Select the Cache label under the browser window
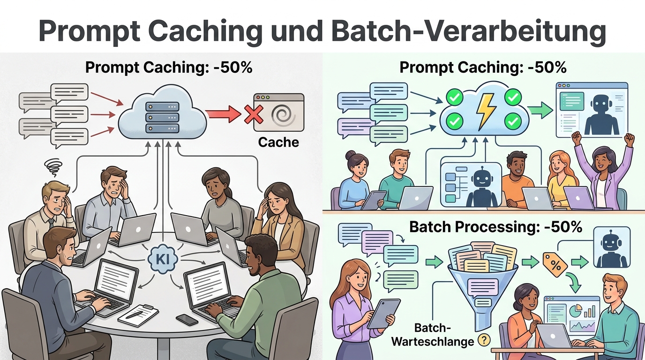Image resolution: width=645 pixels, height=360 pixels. pyautogui.click(x=278, y=142)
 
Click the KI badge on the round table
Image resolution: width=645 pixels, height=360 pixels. pyautogui.click(x=162, y=257)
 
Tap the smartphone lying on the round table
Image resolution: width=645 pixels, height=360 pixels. pyautogui.click(x=187, y=319)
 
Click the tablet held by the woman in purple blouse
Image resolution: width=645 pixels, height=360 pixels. pyautogui.click(x=383, y=313)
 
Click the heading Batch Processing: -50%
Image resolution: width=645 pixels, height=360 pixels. pyautogui.click(x=495, y=227)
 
